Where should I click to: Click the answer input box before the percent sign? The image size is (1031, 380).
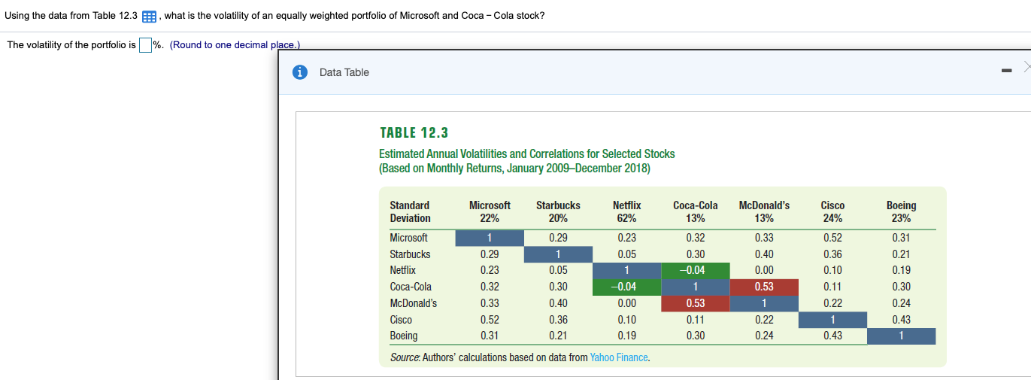(145, 45)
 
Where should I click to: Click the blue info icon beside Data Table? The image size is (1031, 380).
(300, 72)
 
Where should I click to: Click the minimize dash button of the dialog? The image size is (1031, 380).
(1006, 72)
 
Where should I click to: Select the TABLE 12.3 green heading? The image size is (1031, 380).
(414, 133)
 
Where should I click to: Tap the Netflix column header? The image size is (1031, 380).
(626, 205)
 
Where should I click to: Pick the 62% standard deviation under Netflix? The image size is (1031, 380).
(626, 219)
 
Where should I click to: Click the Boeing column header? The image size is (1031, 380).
(901, 205)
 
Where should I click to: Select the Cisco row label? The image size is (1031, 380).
(401, 320)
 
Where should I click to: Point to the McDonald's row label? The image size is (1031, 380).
(413, 303)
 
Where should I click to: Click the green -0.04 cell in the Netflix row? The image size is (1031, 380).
(696, 270)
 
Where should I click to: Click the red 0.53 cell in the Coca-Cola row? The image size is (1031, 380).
(764, 287)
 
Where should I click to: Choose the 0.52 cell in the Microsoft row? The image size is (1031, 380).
(832, 238)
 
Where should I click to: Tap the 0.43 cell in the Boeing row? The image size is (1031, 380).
(832, 336)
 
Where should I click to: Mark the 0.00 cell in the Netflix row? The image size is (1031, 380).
(764, 270)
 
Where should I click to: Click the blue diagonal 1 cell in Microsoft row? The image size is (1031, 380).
(490, 238)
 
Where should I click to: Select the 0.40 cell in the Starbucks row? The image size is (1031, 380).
(764, 254)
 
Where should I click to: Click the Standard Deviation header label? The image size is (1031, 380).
(410, 212)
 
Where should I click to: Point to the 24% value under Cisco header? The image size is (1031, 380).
(832, 219)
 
